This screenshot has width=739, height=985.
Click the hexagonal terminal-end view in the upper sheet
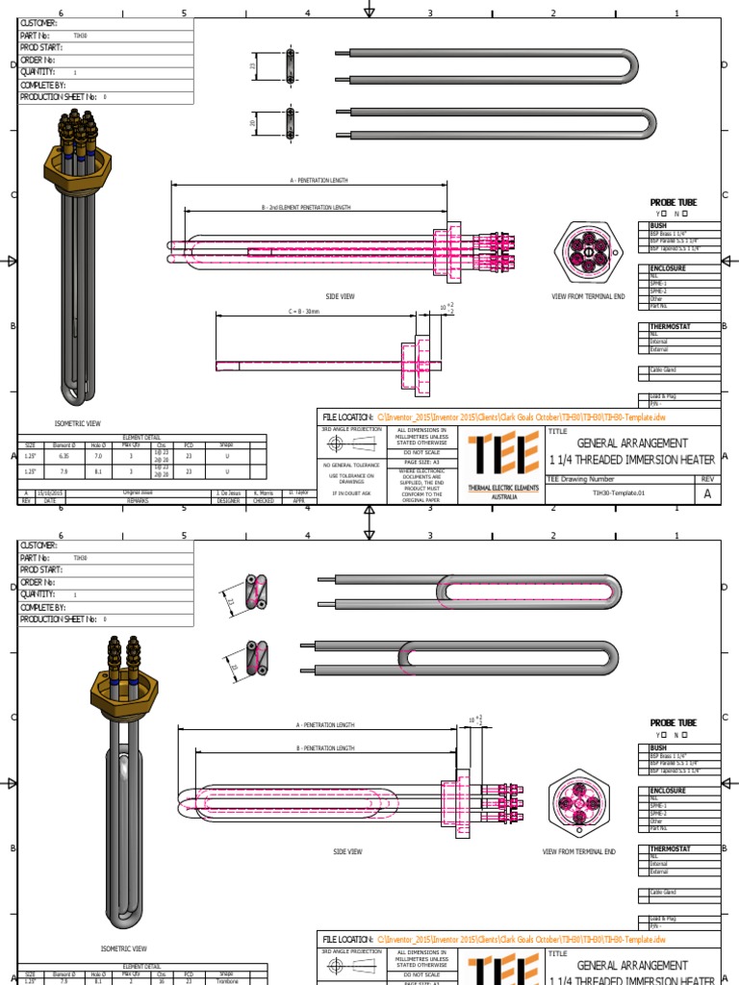[x=587, y=250]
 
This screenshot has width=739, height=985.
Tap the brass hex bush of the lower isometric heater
[x=116, y=687]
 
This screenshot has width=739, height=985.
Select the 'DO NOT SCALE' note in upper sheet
[x=420, y=451]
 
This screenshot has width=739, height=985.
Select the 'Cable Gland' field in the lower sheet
[x=664, y=893]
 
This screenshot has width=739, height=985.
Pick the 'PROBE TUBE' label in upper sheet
[x=674, y=202]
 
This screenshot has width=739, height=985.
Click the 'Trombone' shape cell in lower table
[x=226, y=981]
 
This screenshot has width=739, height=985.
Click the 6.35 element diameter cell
[x=64, y=459]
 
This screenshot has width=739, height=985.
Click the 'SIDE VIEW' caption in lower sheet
[x=347, y=851]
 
